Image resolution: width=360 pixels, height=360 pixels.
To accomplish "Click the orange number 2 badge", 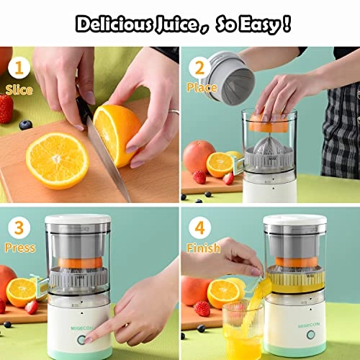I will tap(197, 66).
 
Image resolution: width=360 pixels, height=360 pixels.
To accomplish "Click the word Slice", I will tap(19, 91).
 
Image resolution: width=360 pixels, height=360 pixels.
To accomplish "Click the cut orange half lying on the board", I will tap(57, 160).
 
